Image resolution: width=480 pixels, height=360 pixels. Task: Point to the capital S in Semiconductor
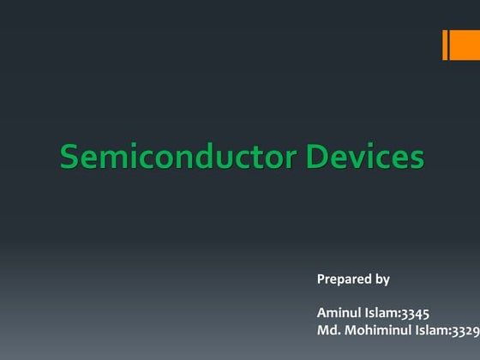coord(69,158)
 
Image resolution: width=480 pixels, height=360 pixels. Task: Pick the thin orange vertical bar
coord(446,45)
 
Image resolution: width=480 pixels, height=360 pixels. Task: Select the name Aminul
coord(339,313)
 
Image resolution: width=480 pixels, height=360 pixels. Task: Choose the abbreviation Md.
coord(327,330)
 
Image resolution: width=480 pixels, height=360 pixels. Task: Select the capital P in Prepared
coord(321,279)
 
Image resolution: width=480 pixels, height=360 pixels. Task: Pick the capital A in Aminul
coord(321,313)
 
